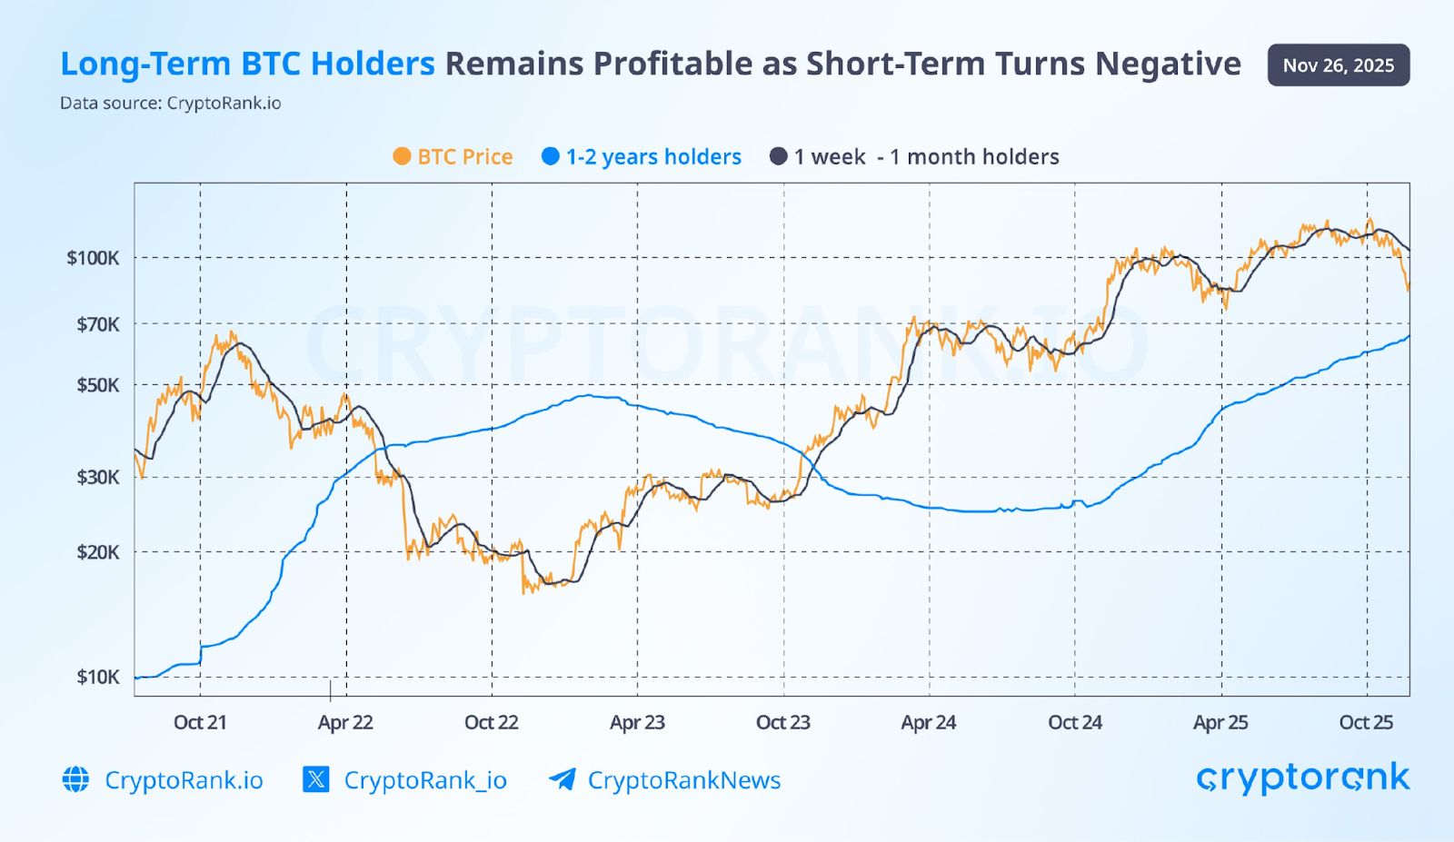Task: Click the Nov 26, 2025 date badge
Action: [1338, 65]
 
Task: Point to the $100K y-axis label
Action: [93, 258]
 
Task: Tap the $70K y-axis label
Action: [97, 324]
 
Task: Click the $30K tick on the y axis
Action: [97, 477]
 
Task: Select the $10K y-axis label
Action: [97, 677]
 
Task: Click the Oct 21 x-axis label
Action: [200, 723]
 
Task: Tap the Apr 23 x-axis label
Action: [637, 723]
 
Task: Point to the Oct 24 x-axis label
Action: [1075, 723]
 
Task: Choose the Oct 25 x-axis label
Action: [1366, 723]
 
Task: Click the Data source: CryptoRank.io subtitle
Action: [171, 104]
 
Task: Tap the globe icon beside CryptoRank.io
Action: [75, 779]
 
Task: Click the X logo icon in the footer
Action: [315, 779]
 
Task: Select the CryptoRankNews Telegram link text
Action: [683, 780]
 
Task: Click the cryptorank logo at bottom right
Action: [1302, 778]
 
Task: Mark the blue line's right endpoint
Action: [1409, 336]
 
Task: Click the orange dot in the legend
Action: [401, 156]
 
